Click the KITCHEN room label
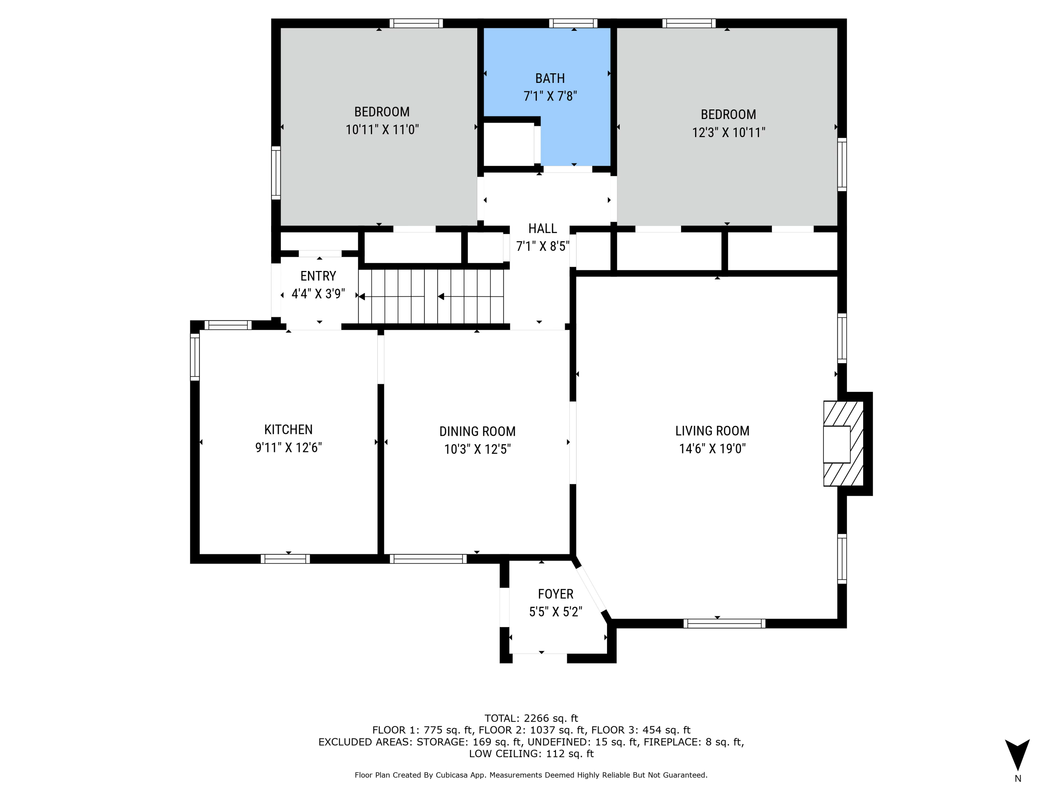(288, 429)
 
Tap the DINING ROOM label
(477, 431)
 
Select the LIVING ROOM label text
(712, 431)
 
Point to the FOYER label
(556, 594)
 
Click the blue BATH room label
(550, 78)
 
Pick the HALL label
(542, 229)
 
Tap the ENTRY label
(318, 276)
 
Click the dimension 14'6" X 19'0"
(712, 449)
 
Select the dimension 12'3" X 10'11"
(729, 132)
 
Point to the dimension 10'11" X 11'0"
(382, 130)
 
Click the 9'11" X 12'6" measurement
(288, 448)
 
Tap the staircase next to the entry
(431, 296)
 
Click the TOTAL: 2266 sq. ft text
(531, 718)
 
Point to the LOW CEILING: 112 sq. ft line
(531, 754)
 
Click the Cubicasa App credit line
(531, 775)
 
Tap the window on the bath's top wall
(573, 23)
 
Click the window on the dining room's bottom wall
(428, 559)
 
